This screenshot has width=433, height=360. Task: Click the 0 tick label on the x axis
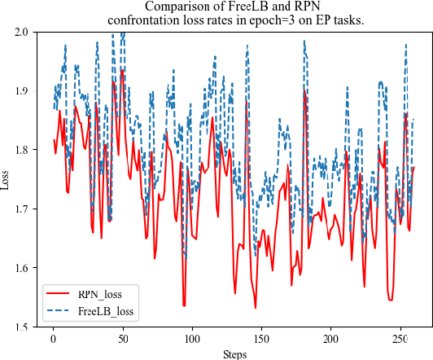click(53, 338)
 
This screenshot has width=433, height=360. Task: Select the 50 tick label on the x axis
click(122, 338)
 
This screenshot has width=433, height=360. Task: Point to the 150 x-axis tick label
click(261, 338)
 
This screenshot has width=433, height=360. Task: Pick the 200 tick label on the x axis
click(330, 338)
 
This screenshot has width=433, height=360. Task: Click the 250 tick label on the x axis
click(400, 338)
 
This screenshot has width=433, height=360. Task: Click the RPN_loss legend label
click(106, 293)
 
